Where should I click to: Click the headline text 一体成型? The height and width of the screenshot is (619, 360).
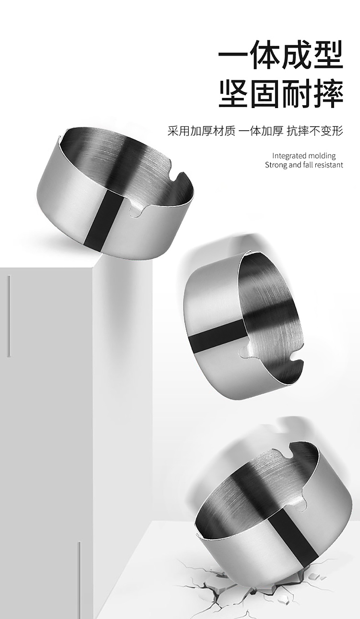point(281,55)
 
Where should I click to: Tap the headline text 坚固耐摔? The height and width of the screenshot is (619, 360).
point(281,94)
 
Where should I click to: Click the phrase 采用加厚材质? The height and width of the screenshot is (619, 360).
point(202,131)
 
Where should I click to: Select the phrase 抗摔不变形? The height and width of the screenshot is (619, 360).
point(315,131)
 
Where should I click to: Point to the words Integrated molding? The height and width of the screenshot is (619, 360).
point(304,156)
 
